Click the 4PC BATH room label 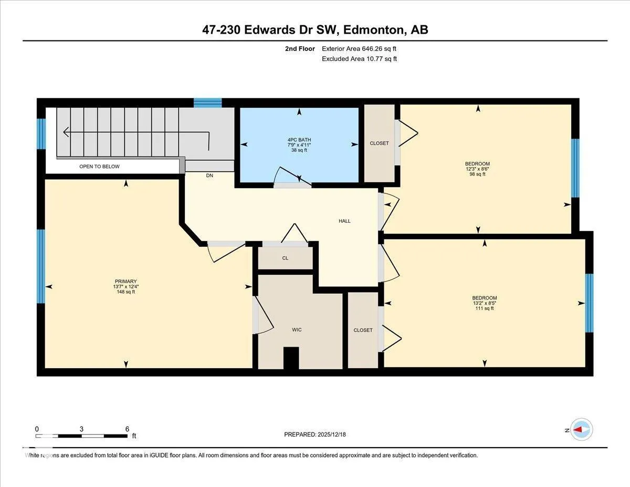[x=299, y=140]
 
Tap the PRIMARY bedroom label [x=125, y=281]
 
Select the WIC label [x=297, y=329]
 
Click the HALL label [x=344, y=221]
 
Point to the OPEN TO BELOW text [x=99, y=167]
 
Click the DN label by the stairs [x=209, y=175]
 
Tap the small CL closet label [x=285, y=258]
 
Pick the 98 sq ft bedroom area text [x=477, y=174]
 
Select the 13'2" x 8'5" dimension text [x=485, y=303]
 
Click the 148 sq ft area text [x=126, y=292]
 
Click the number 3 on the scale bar [x=81, y=429]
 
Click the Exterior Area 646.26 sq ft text [x=359, y=49]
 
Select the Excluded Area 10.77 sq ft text [x=359, y=59]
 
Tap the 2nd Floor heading [x=300, y=49]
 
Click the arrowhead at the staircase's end [x=66, y=132]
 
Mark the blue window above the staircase [x=207, y=102]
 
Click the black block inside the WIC [x=291, y=358]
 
